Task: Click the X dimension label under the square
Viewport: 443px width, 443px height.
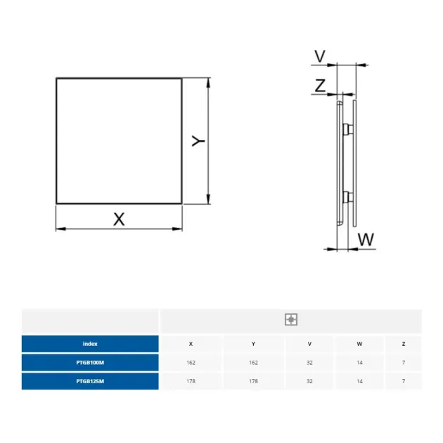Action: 119,219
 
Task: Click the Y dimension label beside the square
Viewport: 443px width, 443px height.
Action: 198,141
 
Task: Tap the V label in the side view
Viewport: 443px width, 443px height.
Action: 320,56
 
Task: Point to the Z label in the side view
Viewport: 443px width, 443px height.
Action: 320,86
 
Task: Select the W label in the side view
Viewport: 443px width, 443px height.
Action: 366,239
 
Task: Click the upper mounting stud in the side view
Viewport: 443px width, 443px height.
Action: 348,129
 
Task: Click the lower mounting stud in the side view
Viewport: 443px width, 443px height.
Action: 348,197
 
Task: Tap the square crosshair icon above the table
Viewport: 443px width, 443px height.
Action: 291,319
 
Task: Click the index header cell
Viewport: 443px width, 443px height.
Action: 90,344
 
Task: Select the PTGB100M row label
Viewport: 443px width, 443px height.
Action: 90,362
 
